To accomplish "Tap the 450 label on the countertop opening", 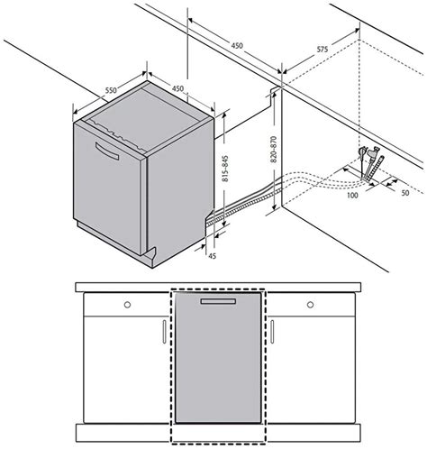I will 236,45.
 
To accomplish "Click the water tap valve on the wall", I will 362,157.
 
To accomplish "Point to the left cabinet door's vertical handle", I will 162,332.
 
